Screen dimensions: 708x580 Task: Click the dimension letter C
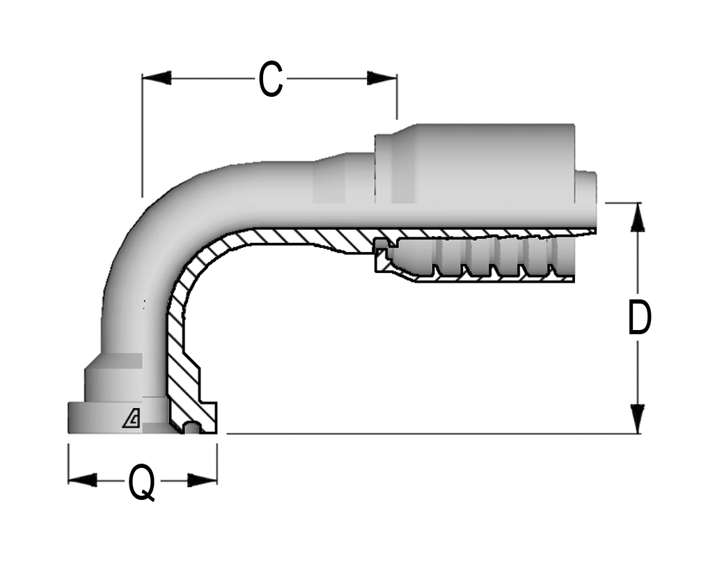[271, 79]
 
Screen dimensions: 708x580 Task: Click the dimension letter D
[639, 317]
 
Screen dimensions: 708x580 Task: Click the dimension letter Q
[142, 483]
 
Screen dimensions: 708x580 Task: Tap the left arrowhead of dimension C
[157, 78]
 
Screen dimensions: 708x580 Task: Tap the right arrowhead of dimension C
[382, 78]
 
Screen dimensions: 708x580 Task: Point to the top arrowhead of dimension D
[637, 217]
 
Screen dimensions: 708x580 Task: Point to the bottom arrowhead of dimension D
[637, 418]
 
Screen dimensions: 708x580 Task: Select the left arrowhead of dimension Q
[83, 480]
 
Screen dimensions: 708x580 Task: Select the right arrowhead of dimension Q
[203, 480]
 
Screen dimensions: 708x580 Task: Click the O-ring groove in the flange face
[191, 428]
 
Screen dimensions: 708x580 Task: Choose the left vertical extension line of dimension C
[142, 136]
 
